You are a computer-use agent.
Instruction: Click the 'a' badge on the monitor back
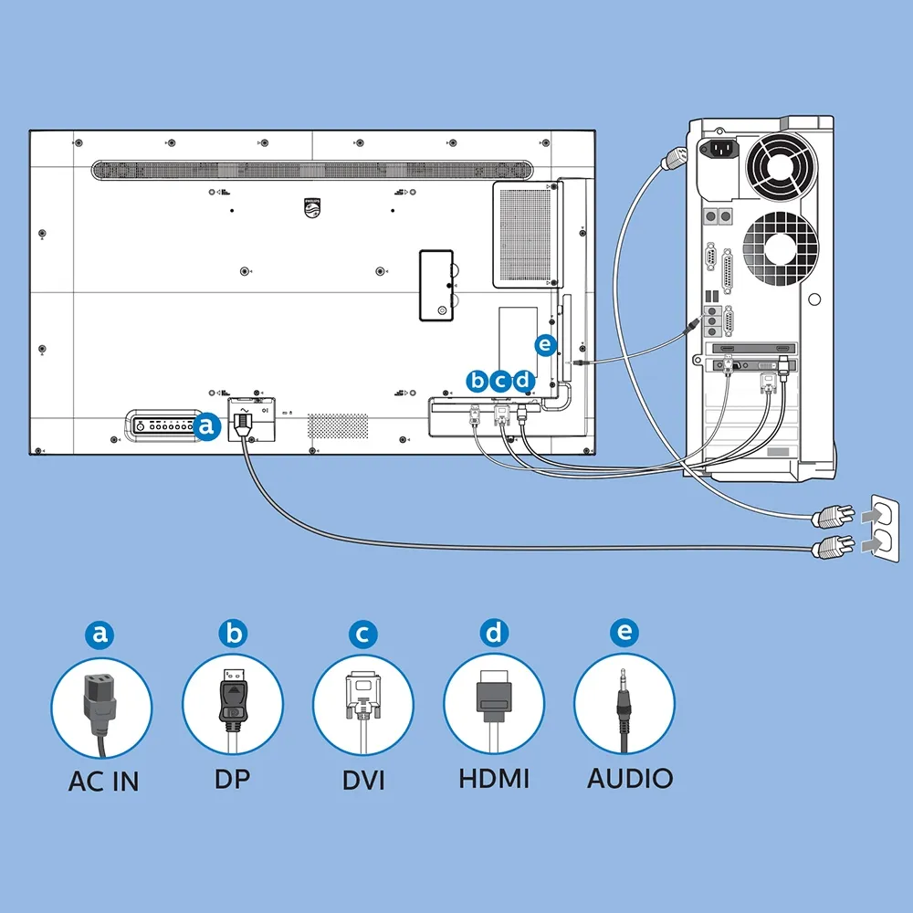pyautogui.click(x=206, y=426)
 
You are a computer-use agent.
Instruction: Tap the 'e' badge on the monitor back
pyautogui.click(x=545, y=345)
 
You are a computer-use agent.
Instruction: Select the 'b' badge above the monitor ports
pyautogui.click(x=477, y=382)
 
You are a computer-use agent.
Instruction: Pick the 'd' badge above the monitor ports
pyautogui.click(x=523, y=382)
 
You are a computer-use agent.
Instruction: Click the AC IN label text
pyautogui.click(x=104, y=781)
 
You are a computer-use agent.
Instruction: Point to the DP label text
pyautogui.click(x=232, y=779)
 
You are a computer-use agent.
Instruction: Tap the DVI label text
pyautogui.click(x=363, y=781)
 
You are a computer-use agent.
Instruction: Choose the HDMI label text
pyautogui.click(x=494, y=779)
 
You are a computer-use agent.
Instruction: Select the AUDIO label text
pyautogui.click(x=630, y=779)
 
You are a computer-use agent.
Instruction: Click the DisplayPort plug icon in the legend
pyautogui.click(x=233, y=706)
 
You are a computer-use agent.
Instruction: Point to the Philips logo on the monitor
pyautogui.click(x=312, y=208)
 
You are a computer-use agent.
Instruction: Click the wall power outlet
pyautogui.click(x=884, y=529)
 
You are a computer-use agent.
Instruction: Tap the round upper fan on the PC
pyautogui.click(x=781, y=165)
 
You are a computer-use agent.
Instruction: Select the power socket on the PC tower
pyautogui.click(x=719, y=150)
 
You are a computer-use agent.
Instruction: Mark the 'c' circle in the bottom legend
pyautogui.click(x=362, y=634)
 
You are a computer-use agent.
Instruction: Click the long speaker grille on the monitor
pyautogui.click(x=312, y=170)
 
